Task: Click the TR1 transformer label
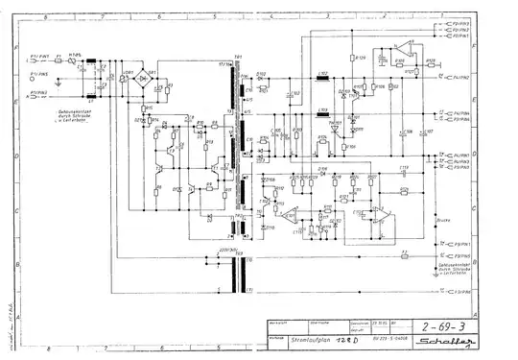tap(236, 57)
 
